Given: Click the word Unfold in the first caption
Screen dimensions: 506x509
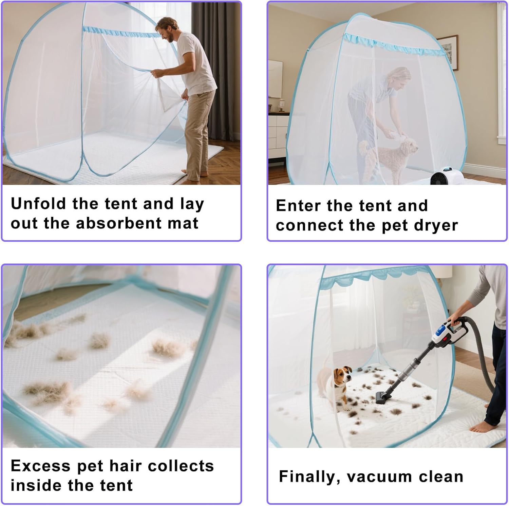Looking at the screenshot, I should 38,204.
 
